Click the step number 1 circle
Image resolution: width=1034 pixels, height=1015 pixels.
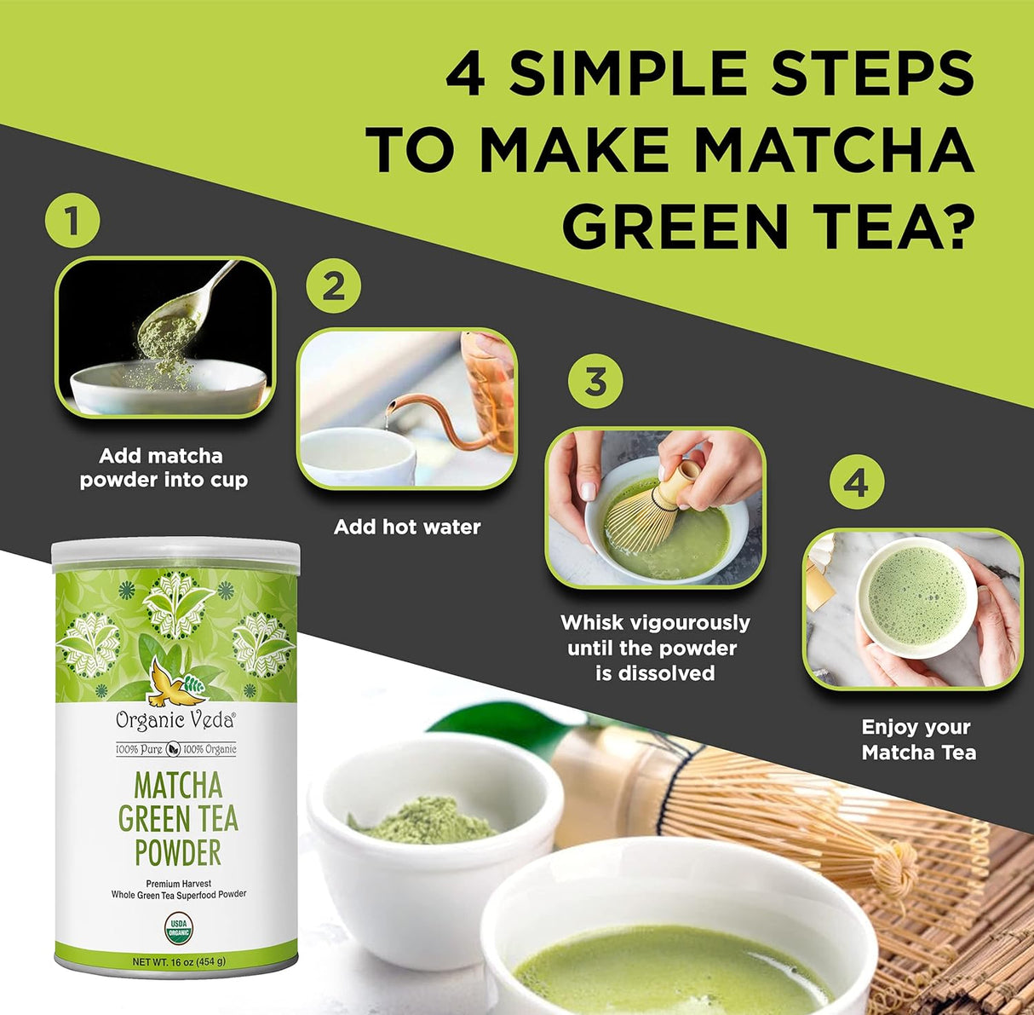[x=72, y=222]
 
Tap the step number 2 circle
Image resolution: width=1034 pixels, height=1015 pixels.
[x=333, y=286]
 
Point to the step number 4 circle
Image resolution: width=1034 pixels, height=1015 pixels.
[x=856, y=483]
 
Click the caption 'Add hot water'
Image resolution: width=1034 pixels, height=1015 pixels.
[x=407, y=528]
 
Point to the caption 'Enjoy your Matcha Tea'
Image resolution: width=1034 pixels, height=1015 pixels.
[x=918, y=740]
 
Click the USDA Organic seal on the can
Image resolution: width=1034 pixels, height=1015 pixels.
[x=178, y=927]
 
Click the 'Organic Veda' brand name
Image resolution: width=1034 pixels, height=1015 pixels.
[x=175, y=720]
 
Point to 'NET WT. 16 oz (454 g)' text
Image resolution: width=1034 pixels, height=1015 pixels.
[x=179, y=961]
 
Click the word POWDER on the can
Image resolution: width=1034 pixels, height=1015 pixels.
[x=178, y=852]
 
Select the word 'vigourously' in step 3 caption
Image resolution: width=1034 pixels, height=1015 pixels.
[x=691, y=623]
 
